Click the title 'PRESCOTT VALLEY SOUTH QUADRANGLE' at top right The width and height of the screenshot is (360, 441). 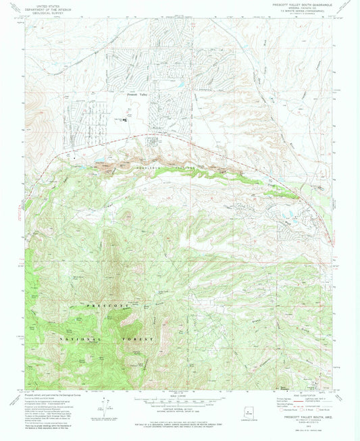point(299,5)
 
